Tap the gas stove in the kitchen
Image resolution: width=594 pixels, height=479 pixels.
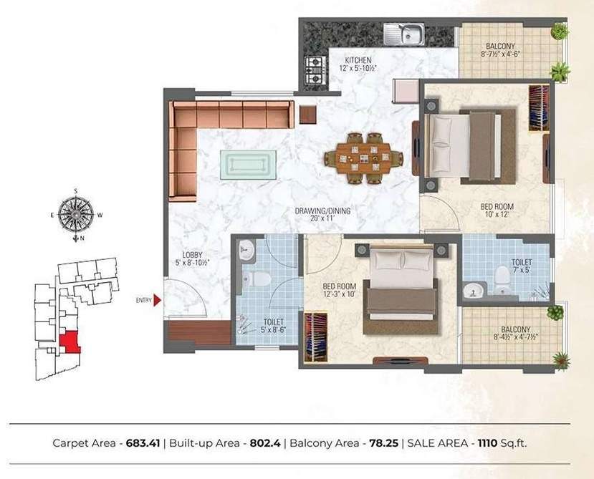[314, 68]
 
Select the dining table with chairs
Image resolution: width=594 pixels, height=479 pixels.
[363, 156]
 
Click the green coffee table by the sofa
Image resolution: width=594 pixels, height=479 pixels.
[244, 164]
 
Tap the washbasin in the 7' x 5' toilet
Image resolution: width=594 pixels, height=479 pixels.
[474, 291]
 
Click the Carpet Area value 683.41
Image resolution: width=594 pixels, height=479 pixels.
[143, 443]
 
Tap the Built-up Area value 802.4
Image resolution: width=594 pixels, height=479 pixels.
[262, 443]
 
